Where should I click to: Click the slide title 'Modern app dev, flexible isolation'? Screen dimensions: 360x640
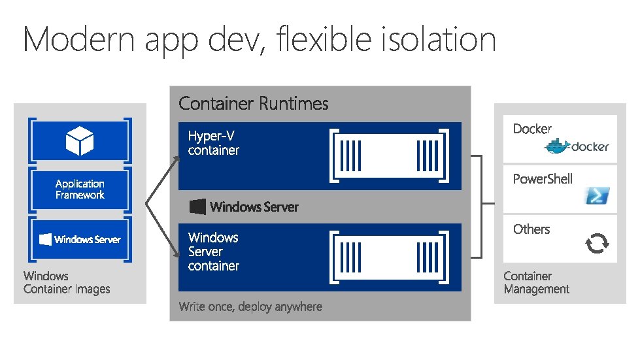pyautogui.click(x=260, y=40)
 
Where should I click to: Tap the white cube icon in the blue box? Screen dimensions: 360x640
pyautogui.click(x=80, y=140)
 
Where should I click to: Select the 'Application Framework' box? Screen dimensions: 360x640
pyautogui.click(x=80, y=189)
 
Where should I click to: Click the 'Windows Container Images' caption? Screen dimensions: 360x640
pyautogui.click(x=67, y=282)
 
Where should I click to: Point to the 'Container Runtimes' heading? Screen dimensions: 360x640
pyautogui.click(x=254, y=103)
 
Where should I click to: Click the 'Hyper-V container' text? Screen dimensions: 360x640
pyautogui.click(x=214, y=143)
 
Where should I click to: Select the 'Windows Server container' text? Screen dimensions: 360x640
pyautogui.click(x=214, y=252)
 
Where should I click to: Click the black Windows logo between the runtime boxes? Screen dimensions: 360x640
pyautogui.click(x=197, y=207)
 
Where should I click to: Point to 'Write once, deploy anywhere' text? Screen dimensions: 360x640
pyautogui.click(x=250, y=306)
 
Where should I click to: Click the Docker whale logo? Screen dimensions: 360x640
pyautogui.click(x=558, y=147)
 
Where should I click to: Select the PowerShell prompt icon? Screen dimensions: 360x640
pyautogui.click(x=597, y=195)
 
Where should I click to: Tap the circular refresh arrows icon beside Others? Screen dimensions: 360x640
pyautogui.click(x=597, y=244)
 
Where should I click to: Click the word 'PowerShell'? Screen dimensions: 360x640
pyautogui.click(x=543, y=179)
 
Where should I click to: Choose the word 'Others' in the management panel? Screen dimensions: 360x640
pyautogui.click(x=531, y=229)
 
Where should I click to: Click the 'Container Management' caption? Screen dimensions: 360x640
pyautogui.click(x=536, y=282)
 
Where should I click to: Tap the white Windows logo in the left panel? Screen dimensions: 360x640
pyautogui.click(x=46, y=239)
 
